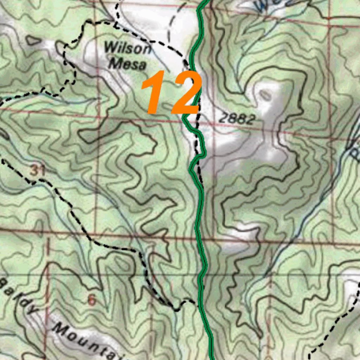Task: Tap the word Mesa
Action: tap(127, 64)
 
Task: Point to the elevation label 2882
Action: tap(237, 119)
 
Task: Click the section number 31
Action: tap(38, 171)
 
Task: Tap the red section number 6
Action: tap(92, 301)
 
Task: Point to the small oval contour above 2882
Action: tap(266, 94)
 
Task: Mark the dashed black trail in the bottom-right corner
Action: tap(334, 327)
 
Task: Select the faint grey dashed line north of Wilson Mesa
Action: tap(172, 25)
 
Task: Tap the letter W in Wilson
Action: tap(110, 47)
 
